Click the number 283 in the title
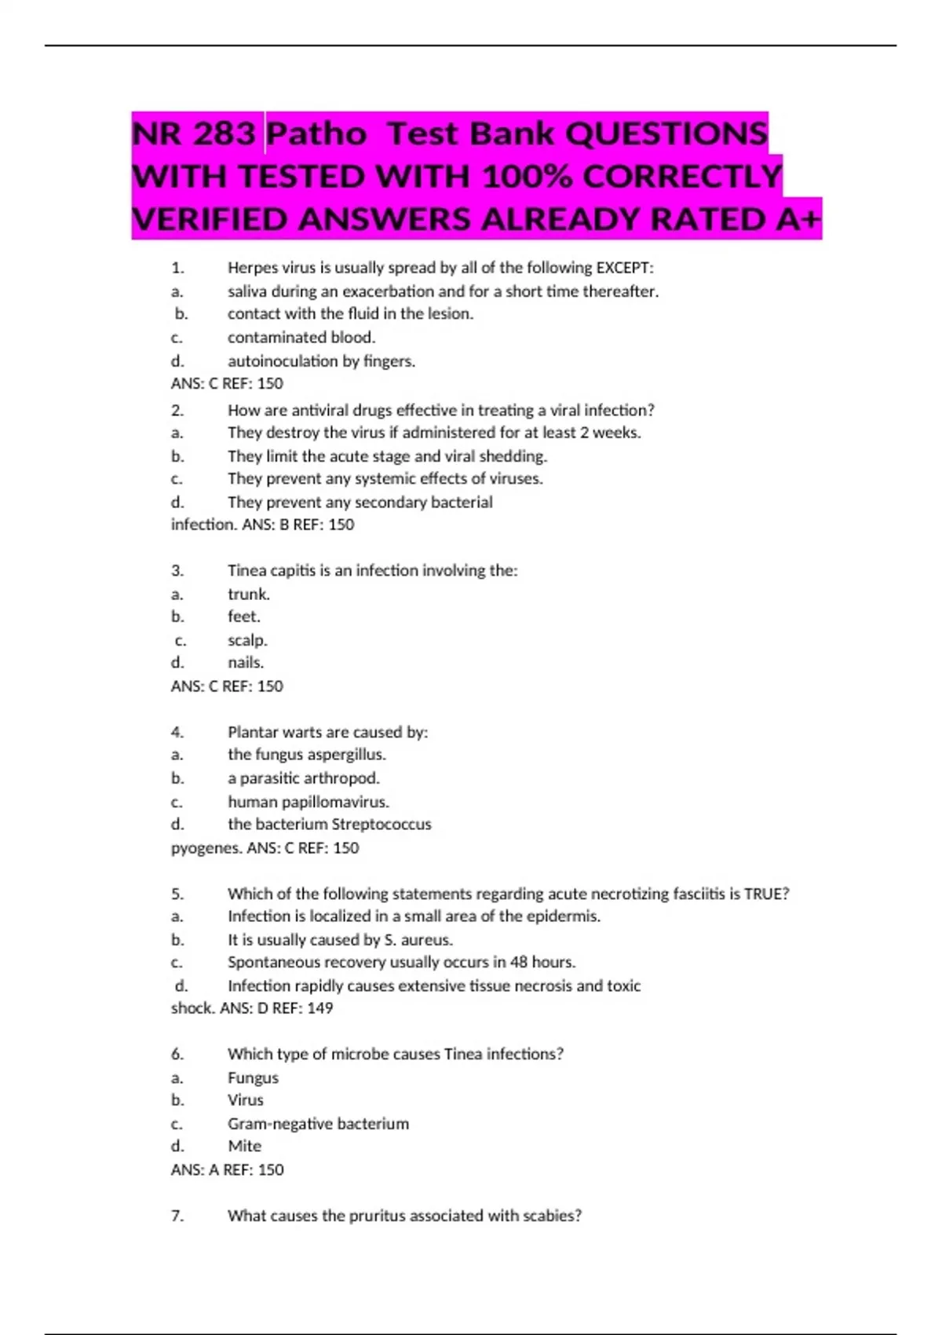point(224,133)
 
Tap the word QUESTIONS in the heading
point(666,133)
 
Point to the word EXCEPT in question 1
point(623,268)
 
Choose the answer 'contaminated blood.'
point(301,338)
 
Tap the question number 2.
point(177,410)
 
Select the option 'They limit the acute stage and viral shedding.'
point(387,456)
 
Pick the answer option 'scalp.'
point(247,640)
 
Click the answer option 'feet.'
point(243,616)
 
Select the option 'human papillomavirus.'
point(309,802)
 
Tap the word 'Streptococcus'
point(381,825)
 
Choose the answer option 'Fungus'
point(253,1078)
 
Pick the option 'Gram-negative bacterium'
point(318,1124)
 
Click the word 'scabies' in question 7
point(552,1216)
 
